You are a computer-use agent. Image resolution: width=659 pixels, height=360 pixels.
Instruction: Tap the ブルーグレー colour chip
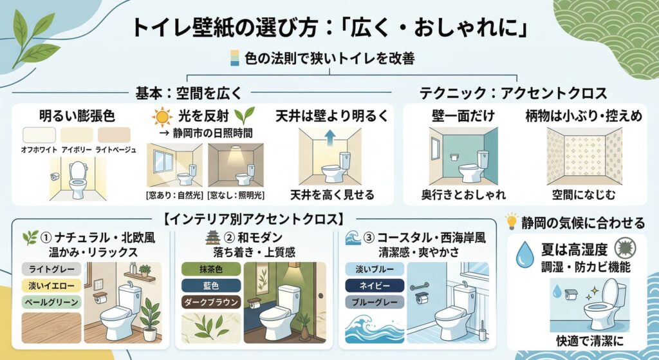point(375,302)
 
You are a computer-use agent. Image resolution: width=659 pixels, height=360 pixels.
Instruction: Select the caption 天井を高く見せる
point(331,194)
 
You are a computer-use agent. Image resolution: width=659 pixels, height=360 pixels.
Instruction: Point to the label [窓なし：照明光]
point(236,194)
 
